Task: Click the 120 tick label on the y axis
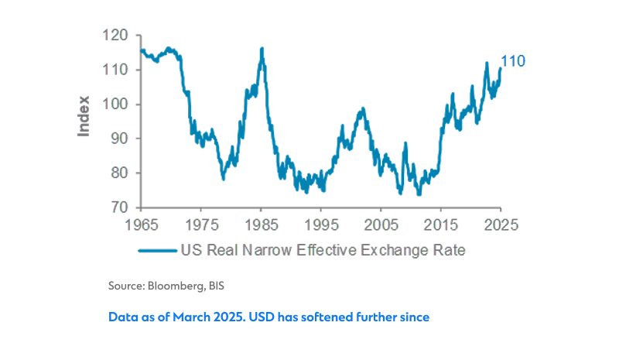pos(115,36)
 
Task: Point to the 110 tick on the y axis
pos(115,70)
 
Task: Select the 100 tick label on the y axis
pos(115,105)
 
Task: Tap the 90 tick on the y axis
pos(118,139)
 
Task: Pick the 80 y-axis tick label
pos(118,173)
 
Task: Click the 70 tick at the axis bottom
pos(118,207)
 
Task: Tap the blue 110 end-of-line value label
pos(514,60)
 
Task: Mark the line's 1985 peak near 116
pos(262,49)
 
